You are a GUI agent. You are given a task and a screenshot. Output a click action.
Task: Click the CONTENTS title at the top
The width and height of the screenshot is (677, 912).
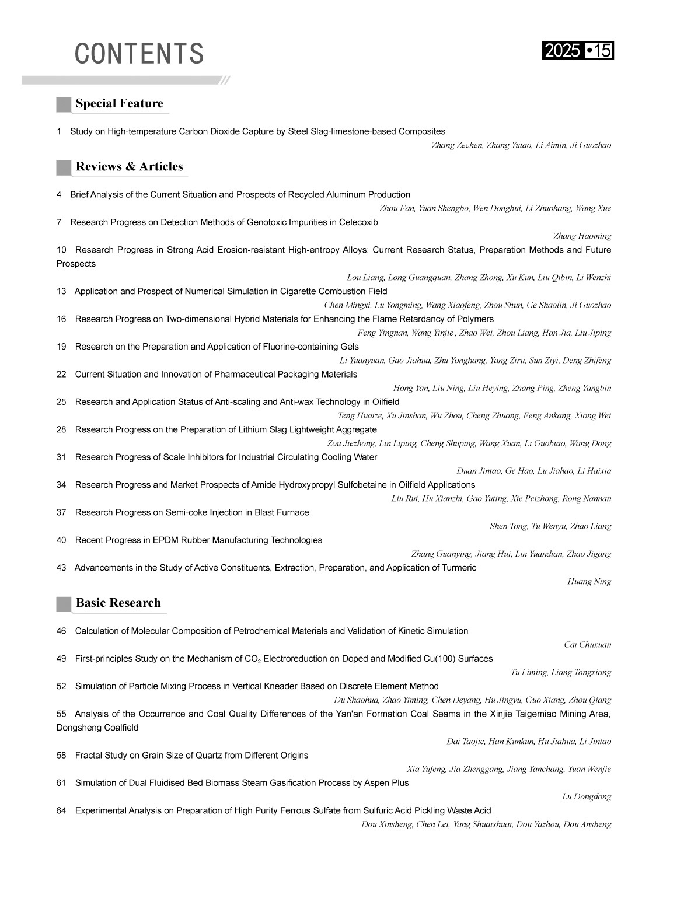click(139, 54)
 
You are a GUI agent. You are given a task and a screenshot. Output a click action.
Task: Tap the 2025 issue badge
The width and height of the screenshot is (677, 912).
click(578, 51)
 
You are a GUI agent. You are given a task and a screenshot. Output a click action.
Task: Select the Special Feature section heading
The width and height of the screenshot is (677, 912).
click(119, 104)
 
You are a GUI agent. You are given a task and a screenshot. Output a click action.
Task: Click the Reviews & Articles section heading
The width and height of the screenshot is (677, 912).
click(129, 167)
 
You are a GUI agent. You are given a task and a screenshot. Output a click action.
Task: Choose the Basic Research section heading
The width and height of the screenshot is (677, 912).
click(118, 603)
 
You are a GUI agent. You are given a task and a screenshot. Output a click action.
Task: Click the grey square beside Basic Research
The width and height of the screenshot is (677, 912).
click(64, 604)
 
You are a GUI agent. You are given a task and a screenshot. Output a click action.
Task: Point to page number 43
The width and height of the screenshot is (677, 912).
click(61, 568)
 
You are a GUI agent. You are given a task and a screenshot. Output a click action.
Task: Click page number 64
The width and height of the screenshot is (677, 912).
click(61, 810)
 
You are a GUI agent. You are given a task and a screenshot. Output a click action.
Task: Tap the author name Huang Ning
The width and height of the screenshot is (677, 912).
click(589, 582)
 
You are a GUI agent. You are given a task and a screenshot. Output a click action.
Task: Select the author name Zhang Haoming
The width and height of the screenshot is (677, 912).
click(582, 236)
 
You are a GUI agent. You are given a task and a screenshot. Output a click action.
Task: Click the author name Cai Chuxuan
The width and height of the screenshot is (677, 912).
click(587, 645)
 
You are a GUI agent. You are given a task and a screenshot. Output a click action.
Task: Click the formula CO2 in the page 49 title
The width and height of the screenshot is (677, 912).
click(252, 659)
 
